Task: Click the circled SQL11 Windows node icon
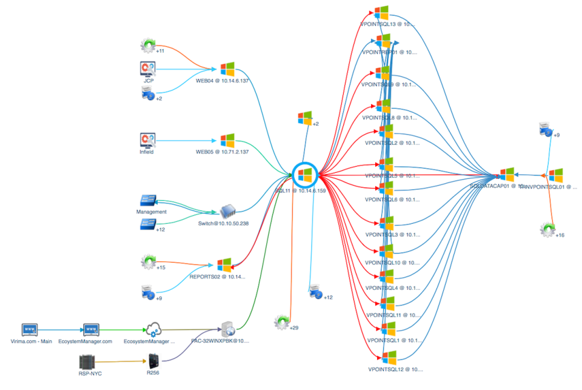[305, 175]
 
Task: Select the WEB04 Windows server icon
[227, 69]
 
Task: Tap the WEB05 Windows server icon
[227, 140]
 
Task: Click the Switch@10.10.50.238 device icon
[227, 212]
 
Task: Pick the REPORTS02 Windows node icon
[225, 265]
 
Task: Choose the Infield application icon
[148, 140]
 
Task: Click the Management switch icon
[149, 201]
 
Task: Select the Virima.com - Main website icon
[30, 329]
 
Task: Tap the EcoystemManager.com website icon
[91, 329]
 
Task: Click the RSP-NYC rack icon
[89, 361]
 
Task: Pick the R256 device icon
[153, 363]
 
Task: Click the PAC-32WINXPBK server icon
[228, 329]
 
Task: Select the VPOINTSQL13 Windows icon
[381, 13]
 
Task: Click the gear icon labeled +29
[281, 321]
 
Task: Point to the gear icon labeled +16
[547, 229]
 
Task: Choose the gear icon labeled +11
[148, 45]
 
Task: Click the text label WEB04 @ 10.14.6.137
[222, 80]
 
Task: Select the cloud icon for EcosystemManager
[152, 329]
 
